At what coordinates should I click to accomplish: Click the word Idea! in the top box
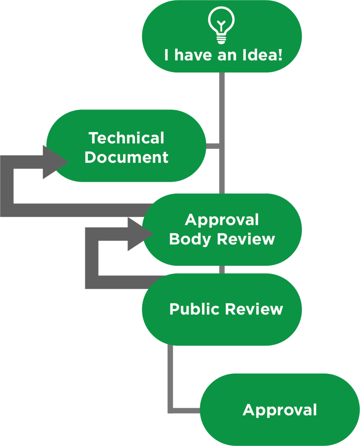click(x=262, y=55)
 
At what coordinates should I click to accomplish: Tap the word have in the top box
click(x=193, y=55)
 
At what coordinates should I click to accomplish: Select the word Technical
click(x=127, y=138)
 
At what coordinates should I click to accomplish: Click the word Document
click(x=126, y=157)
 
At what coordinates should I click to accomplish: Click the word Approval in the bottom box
click(x=280, y=410)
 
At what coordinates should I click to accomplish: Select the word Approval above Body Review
click(x=222, y=220)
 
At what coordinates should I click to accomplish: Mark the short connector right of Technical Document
click(x=213, y=146)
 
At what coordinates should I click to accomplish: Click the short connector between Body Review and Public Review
click(x=222, y=270)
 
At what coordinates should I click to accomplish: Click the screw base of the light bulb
click(x=221, y=40)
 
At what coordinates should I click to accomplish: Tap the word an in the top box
click(x=227, y=55)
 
